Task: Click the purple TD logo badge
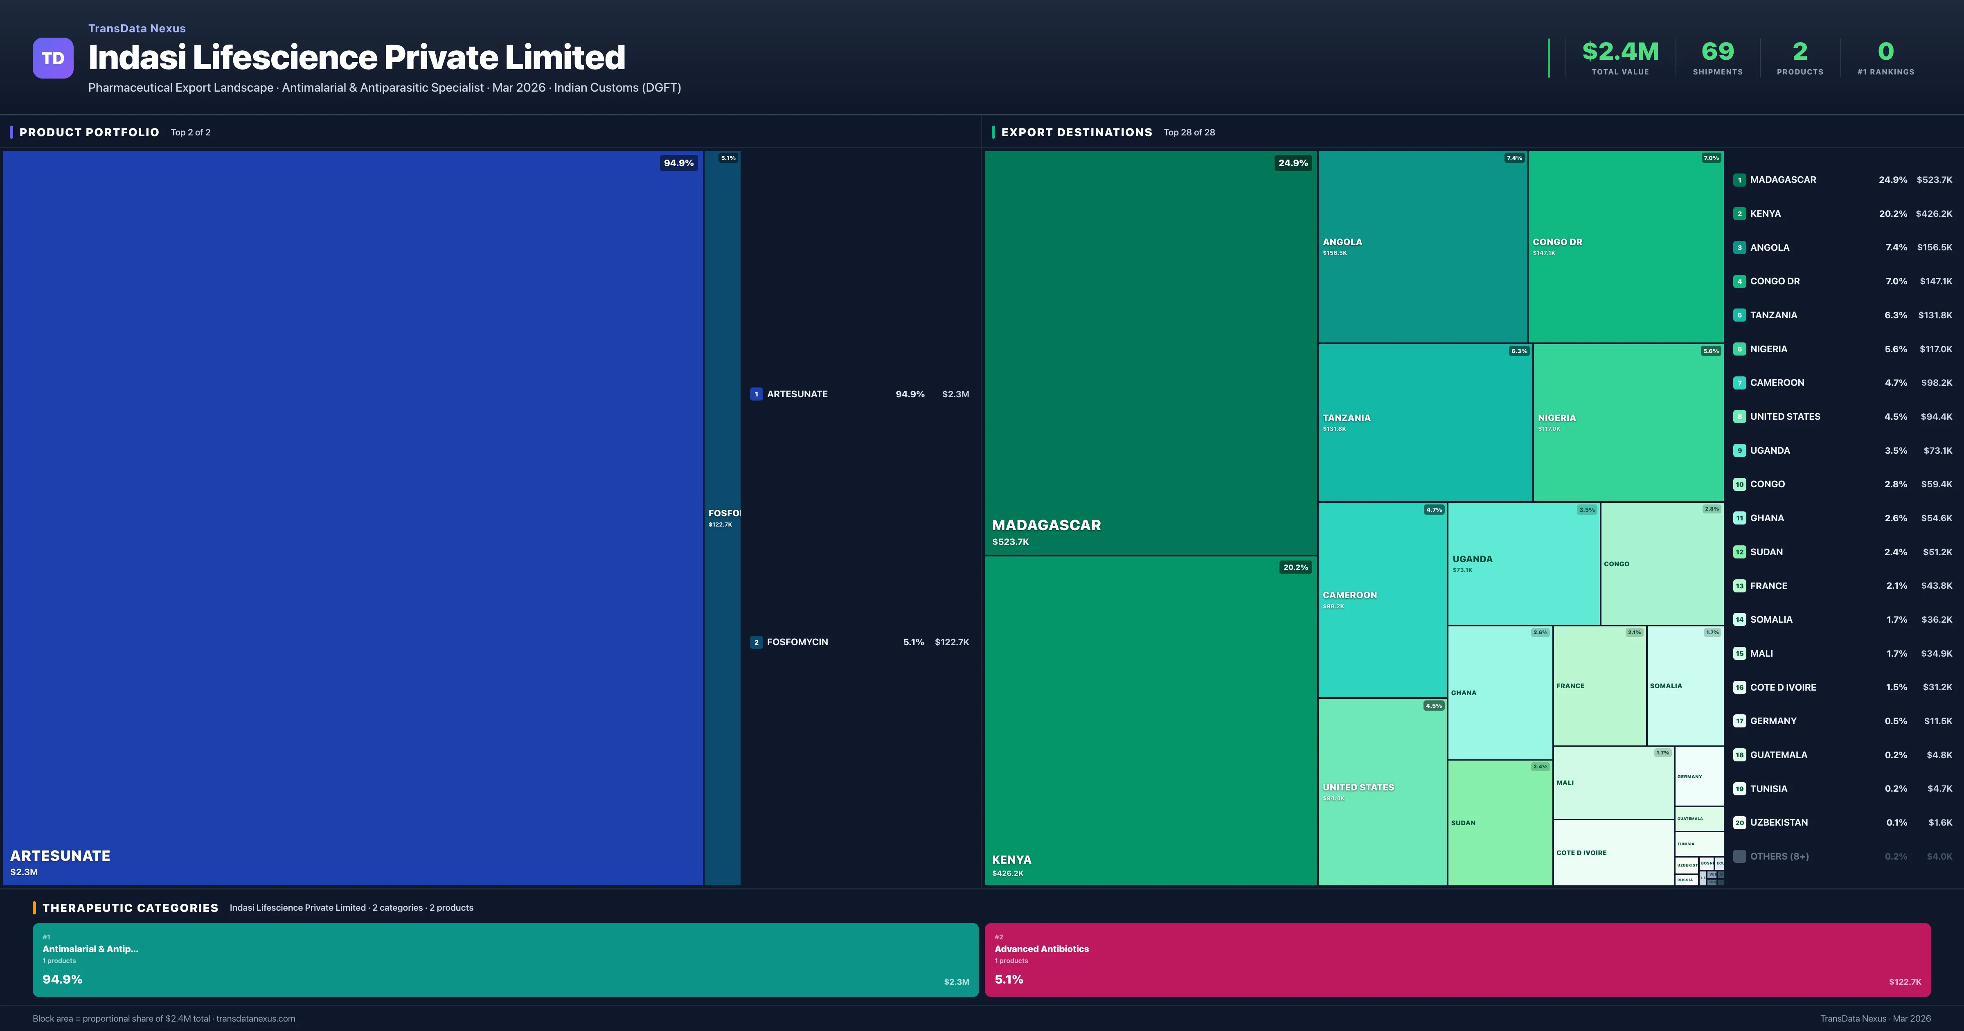53,58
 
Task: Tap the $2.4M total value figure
1620,51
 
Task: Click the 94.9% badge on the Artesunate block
678,162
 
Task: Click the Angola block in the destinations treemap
1422,246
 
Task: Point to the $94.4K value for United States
1936,416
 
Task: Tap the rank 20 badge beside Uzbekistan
1739,823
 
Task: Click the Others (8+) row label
1779,856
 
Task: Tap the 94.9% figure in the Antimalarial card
63,979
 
